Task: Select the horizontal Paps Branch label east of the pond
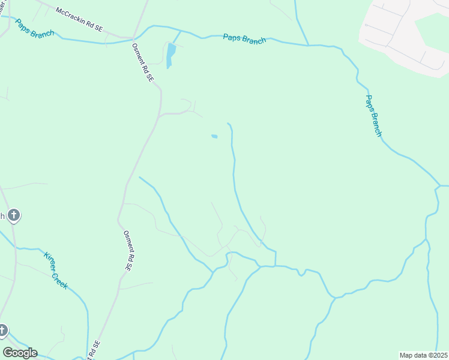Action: point(244,38)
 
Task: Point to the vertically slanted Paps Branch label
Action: point(373,116)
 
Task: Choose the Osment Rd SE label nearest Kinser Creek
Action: point(127,250)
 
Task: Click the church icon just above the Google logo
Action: point(3,330)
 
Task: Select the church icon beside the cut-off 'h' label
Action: point(14,215)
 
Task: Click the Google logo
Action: point(20,353)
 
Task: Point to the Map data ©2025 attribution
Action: point(423,355)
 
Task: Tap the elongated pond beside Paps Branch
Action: point(171,55)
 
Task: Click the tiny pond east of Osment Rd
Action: point(214,137)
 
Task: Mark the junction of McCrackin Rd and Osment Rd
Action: point(133,38)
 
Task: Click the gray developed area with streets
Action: point(402,36)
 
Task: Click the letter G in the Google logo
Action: point(8,353)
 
